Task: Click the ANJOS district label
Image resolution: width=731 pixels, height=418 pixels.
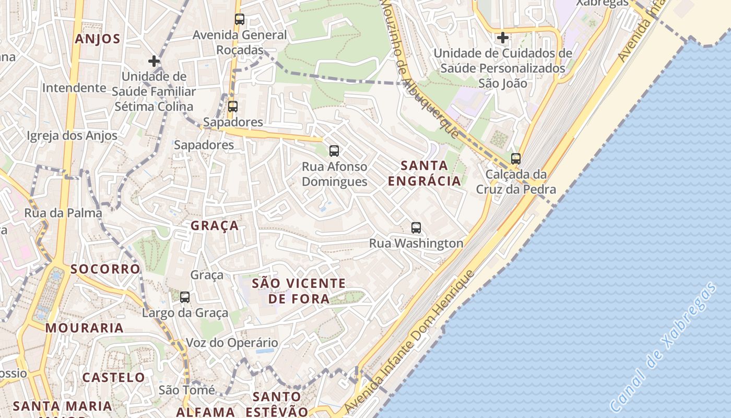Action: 98,39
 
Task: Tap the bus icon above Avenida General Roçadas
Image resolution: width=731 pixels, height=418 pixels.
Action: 240,19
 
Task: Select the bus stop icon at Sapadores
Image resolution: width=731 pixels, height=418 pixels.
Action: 233,107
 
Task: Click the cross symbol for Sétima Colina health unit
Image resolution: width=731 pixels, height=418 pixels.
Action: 154,61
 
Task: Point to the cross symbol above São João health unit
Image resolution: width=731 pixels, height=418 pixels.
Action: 503,38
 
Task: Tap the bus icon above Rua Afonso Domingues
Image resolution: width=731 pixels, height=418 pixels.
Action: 334,151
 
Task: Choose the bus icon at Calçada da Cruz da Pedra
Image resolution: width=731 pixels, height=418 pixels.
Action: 516,158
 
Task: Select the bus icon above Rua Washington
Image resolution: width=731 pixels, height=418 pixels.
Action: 416,228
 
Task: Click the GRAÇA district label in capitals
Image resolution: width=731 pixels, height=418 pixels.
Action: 215,226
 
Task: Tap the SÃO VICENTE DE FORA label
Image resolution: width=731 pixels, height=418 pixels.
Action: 299,291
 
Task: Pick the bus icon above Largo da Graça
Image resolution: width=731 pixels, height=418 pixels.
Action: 185,297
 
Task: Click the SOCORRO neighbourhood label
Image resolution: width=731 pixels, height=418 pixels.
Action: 105,269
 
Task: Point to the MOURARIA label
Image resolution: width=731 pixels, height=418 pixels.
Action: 85,328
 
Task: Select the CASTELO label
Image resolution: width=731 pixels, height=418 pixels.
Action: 113,377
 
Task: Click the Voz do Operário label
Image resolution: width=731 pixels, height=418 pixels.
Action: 232,343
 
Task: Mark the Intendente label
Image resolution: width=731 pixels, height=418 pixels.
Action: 74,87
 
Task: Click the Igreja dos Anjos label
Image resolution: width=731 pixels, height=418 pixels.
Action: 72,136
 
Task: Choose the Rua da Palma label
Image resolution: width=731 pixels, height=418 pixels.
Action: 63,213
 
